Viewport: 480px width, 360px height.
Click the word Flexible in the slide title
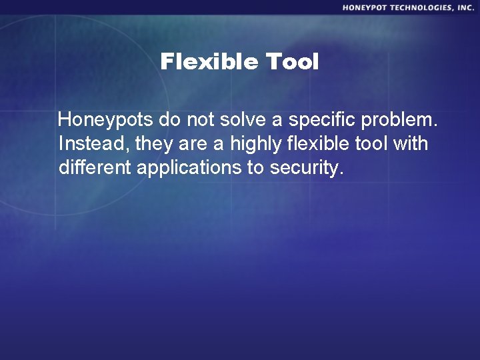209,62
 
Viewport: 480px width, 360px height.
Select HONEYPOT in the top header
367,7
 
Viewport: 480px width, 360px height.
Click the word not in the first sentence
202,121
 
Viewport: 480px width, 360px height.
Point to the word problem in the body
402,121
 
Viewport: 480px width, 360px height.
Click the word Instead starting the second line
87,144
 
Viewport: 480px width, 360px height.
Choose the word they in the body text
143,144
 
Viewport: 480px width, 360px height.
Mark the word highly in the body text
255,144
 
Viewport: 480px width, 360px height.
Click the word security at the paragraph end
307,167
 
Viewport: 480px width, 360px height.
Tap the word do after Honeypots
169,121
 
